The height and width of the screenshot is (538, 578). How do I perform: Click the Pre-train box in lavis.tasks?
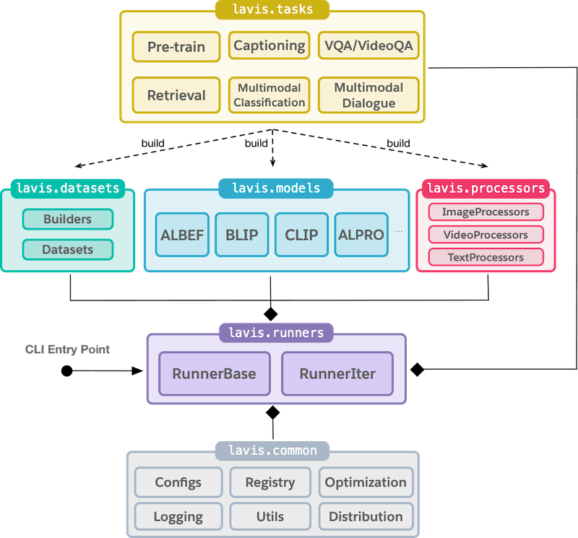176,47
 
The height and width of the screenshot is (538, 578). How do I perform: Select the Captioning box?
269,45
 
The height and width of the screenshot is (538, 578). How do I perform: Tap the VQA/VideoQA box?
368,45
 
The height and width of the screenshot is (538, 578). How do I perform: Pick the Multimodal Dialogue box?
368,95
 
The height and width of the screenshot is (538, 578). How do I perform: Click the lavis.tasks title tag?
272,9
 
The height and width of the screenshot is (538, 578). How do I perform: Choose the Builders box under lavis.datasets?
67,219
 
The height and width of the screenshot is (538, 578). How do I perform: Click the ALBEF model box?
182,235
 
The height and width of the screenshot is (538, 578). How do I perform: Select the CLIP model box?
301,235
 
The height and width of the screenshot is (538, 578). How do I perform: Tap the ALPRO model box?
361,235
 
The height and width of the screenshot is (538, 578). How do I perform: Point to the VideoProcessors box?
486,235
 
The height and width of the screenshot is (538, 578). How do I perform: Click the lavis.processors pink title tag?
486,188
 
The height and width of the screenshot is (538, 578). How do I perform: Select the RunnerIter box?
337,374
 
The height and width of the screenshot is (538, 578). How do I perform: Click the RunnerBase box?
214,374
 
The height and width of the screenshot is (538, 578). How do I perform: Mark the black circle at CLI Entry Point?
66,370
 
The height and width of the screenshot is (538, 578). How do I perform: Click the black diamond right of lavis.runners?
416,370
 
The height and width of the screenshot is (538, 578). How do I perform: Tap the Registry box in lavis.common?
270,482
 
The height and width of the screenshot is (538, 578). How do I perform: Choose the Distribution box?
366,516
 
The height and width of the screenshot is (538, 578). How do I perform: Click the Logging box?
178,516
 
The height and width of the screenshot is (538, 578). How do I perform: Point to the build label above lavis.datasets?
152,143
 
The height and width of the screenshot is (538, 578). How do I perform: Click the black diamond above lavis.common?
272,413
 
